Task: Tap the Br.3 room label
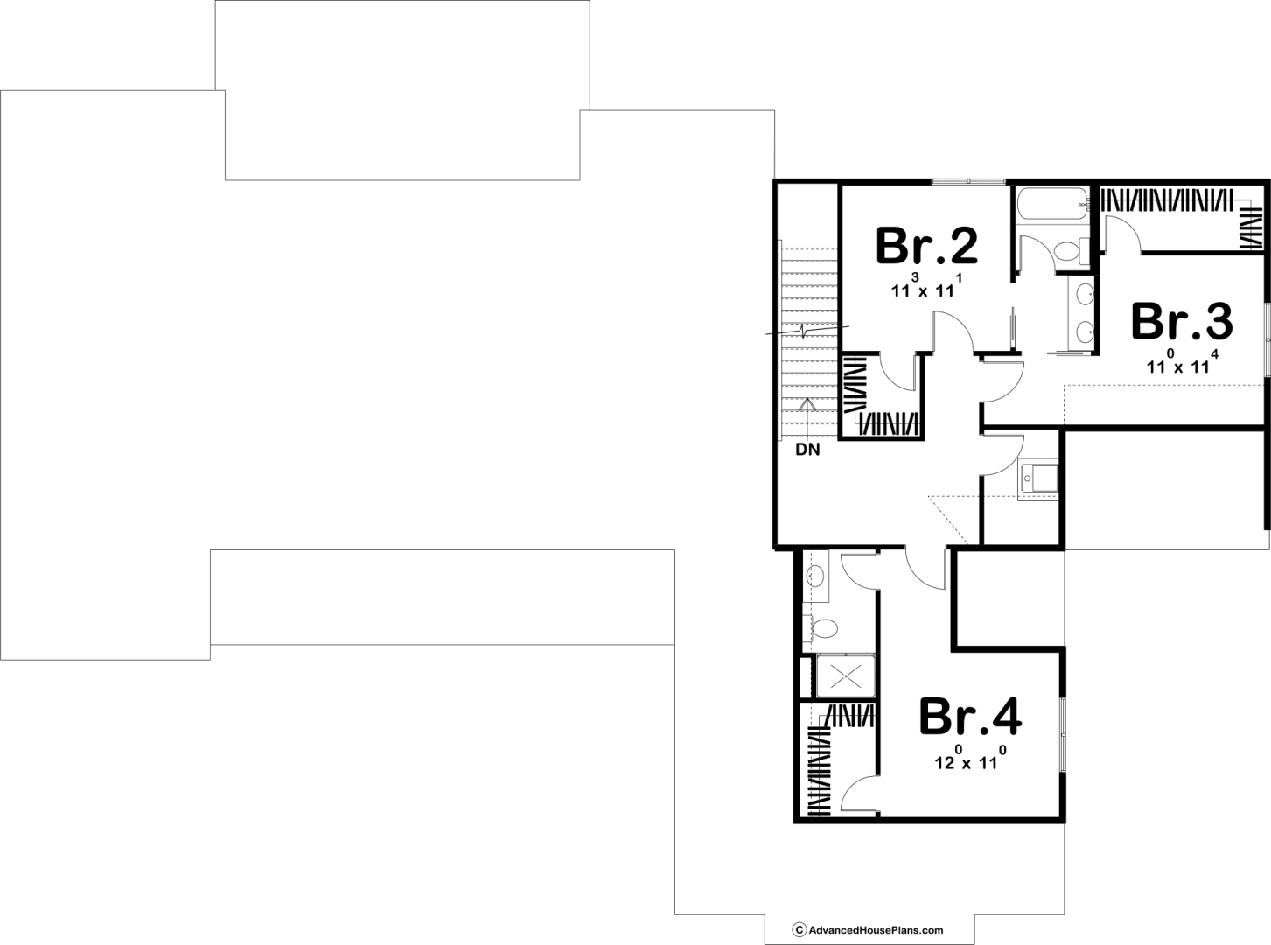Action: click(1182, 321)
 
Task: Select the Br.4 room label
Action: click(970, 717)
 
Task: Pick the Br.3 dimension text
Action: click(1182, 362)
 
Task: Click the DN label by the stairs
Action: click(807, 450)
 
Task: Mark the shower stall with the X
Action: click(846, 677)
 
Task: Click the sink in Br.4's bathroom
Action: click(815, 575)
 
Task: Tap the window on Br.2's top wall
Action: click(968, 181)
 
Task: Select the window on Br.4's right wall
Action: click(1063, 735)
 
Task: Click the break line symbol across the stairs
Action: click(807, 330)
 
